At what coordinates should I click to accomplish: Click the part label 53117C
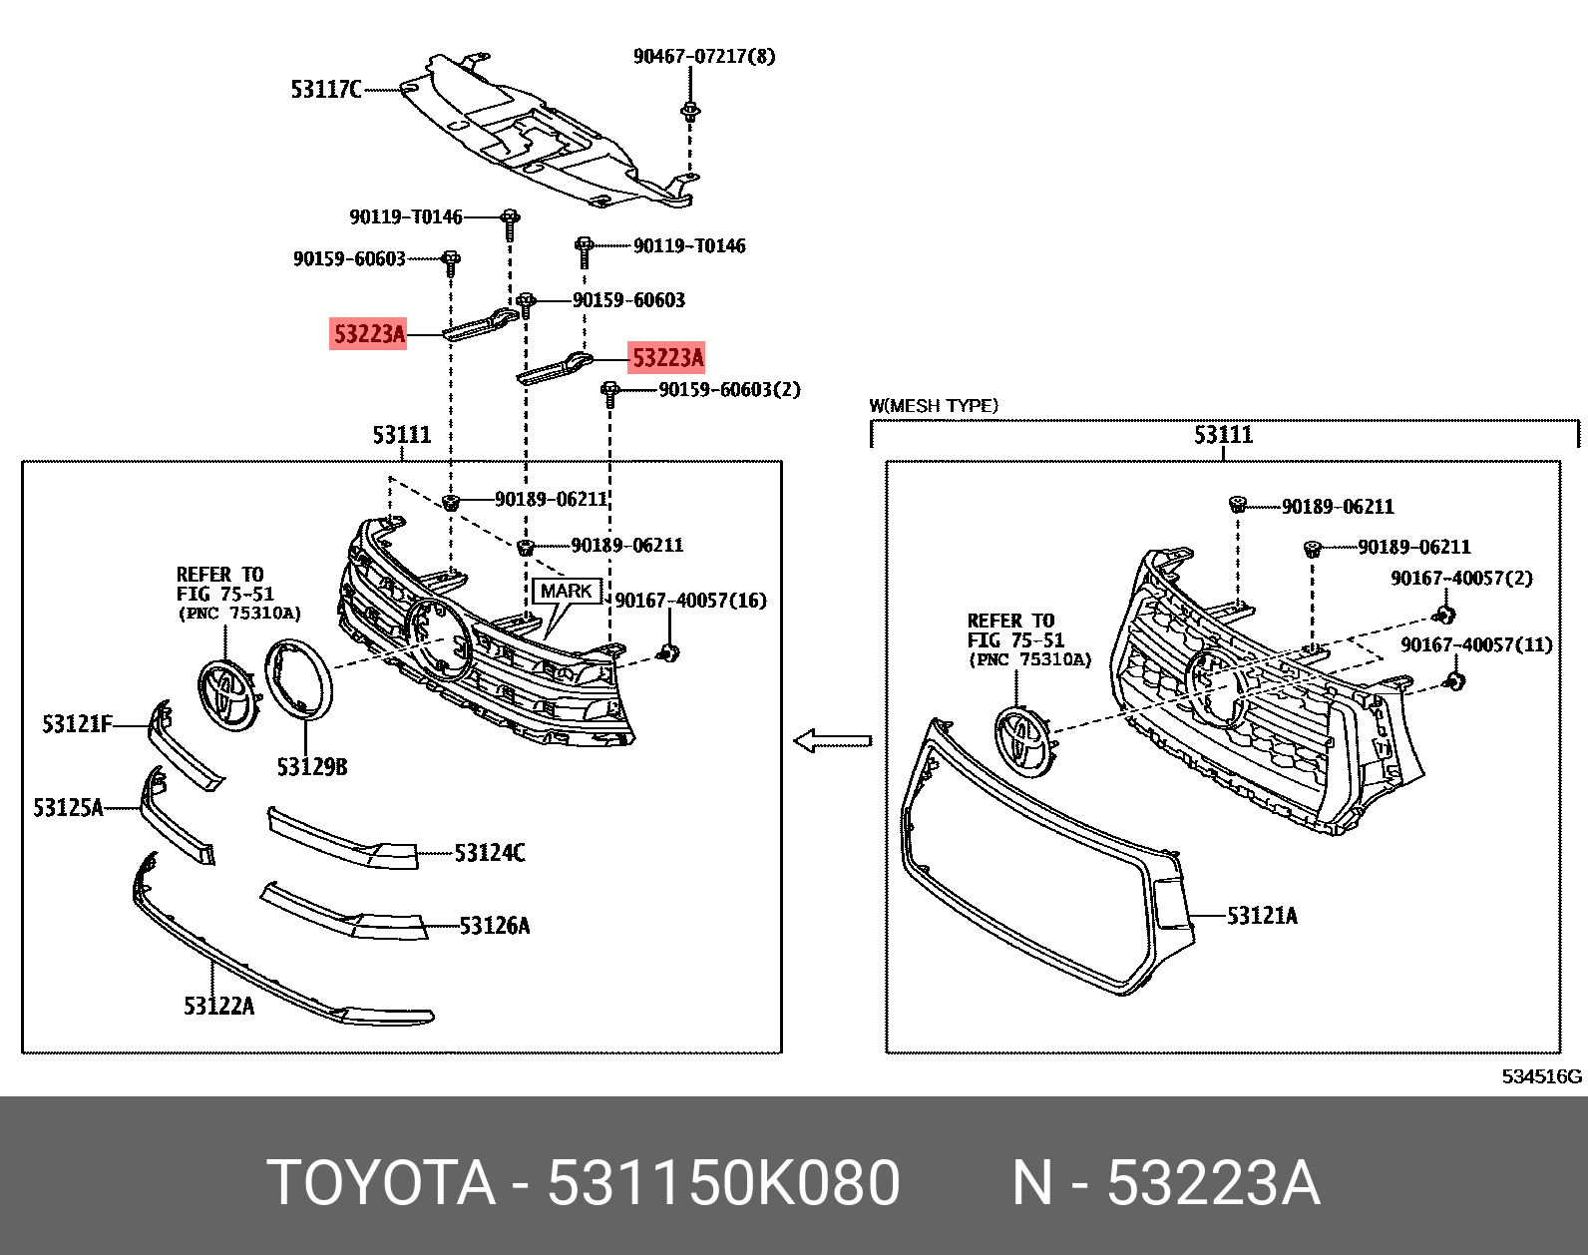click(x=325, y=90)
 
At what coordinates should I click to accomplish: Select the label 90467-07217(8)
click(x=703, y=56)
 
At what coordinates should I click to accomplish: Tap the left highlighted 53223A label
click(x=369, y=334)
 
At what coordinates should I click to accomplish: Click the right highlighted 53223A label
click(x=667, y=358)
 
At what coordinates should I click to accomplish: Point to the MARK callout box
click(x=566, y=591)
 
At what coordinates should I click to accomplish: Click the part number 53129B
click(x=312, y=766)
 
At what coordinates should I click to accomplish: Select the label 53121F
click(x=77, y=724)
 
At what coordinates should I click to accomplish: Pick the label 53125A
click(x=68, y=808)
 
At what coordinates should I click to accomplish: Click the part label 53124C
click(x=489, y=853)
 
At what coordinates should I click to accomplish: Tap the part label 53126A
click(x=494, y=926)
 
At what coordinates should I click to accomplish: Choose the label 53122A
click(x=218, y=1006)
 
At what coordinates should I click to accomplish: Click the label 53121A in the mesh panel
click(x=1262, y=916)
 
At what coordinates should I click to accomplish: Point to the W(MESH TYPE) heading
click(x=933, y=406)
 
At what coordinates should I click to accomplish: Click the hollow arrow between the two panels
click(x=832, y=741)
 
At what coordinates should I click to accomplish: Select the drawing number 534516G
click(x=1541, y=1076)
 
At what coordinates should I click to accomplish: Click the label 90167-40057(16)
click(x=690, y=601)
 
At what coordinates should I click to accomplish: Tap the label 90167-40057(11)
click(x=1476, y=645)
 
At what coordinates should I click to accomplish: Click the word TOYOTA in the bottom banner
click(x=381, y=1183)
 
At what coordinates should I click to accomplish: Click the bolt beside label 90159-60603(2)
click(x=610, y=392)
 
